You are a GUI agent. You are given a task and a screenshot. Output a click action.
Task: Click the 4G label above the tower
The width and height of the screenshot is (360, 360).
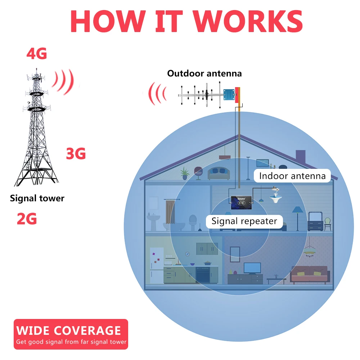pyautogui.click(x=37, y=54)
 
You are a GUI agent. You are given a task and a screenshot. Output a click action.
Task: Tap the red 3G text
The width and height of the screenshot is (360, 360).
pyautogui.click(x=76, y=154)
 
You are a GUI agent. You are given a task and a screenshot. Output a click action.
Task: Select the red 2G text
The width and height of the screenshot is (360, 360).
pyautogui.click(x=27, y=219)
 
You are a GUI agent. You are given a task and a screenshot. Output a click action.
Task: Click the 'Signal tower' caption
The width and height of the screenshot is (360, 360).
pyautogui.click(x=37, y=198)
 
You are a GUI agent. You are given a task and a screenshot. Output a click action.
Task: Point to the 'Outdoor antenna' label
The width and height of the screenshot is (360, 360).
pyautogui.click(x=204, y=74)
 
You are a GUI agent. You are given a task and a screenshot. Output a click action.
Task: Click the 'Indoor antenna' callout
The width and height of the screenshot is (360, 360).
pyautogui.click(x=292, y=176)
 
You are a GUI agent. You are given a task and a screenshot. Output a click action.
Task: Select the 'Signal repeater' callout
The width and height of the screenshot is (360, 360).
pyautogui.click(x=244, y=221)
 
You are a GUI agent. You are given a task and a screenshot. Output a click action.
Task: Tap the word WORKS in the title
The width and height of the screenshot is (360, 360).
pyautogui.click(x=248, y=21)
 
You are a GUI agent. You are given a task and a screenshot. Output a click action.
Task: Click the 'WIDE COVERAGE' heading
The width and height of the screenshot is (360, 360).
pyautogui.click(x=68, y=330)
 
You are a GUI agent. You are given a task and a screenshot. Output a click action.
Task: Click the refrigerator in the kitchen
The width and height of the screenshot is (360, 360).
pyautogui.click(x=157, y=266)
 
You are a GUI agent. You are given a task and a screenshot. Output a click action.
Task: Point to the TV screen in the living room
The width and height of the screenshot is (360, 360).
pyautogui.click(x=252, y=268)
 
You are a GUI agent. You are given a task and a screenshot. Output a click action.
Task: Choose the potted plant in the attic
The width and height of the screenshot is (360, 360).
pyautogui.click(x=185, y=173)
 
